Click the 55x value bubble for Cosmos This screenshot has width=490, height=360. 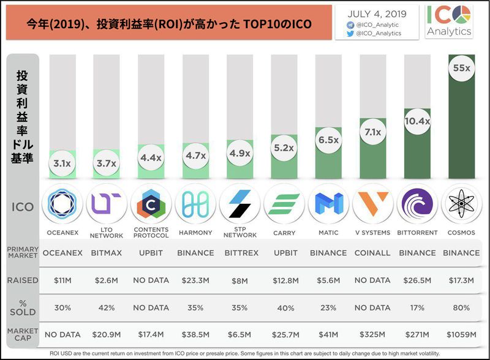pos(461,69)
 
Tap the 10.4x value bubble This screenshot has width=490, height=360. pos(417,122)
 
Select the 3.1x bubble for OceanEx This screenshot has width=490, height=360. pos(61,163)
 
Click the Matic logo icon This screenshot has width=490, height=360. pos(328,204)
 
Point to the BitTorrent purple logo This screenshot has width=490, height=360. pos(417,204)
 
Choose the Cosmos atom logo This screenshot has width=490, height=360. pos(461,204)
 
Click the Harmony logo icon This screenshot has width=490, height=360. pos(195,204)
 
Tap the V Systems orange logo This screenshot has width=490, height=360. pos(372,204)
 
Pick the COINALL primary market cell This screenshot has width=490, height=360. pos(372,253)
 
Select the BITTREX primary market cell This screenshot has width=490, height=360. pos(240,253)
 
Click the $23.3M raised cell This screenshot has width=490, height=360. pos(195,280)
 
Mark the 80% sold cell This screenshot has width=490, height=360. pos(461,308)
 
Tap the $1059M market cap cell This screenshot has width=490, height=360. pos(461,336)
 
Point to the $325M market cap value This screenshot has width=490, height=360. pos(372,336)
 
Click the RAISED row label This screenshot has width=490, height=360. pos(23,280)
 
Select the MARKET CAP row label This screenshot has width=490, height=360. pos(23,336)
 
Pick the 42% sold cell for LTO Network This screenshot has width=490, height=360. pos(107,308)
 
